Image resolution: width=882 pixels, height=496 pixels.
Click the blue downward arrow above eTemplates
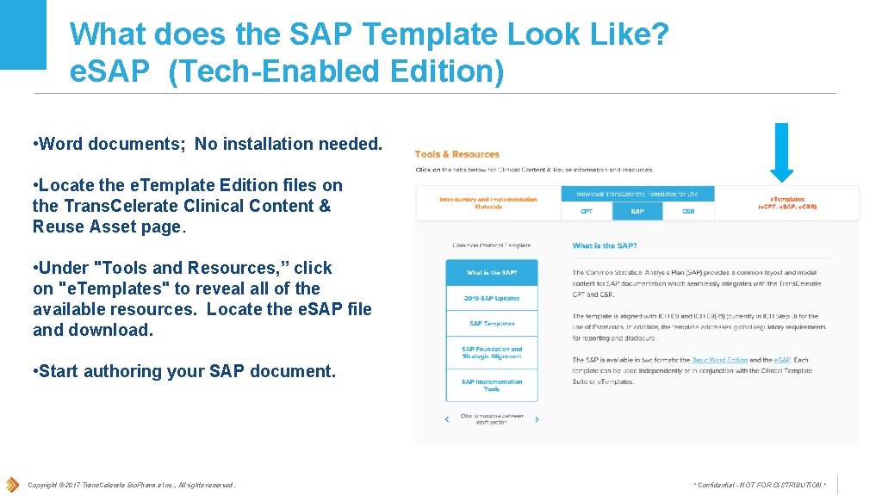[x=781, y=152]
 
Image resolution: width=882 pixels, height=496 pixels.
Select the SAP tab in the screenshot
[x=637, y=211]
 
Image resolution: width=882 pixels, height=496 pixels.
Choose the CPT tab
[x=586, y=211]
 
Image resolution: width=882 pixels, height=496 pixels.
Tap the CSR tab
[x=688, y=211]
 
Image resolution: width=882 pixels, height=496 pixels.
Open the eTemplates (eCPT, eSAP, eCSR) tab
[x=787, y=203]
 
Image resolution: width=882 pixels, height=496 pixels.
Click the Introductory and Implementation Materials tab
[x=488, y=203]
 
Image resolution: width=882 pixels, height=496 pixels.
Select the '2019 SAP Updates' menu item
[x=492, y=298]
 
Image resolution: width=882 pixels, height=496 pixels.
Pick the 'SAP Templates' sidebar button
[x=492, y=324]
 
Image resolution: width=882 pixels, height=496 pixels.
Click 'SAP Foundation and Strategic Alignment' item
[x=492, y=353]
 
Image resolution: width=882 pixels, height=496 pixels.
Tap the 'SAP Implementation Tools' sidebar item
[x=492, y=385]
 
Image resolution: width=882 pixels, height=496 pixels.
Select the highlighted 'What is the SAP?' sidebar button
[x=492, y=272]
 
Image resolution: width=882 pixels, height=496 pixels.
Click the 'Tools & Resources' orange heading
[x=457, y=154]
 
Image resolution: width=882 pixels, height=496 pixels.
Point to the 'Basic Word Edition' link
[x=719, y=360]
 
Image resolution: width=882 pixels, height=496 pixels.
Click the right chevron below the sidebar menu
[x=537, y=419]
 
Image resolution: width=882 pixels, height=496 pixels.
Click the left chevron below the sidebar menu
[x=447, y=419]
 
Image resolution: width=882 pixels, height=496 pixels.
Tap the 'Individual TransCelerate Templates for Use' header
[x=637, y=194]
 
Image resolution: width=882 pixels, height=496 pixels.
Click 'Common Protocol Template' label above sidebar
[x=492, y=245]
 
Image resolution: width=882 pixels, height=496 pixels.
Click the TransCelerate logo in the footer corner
[x=12, y=484]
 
